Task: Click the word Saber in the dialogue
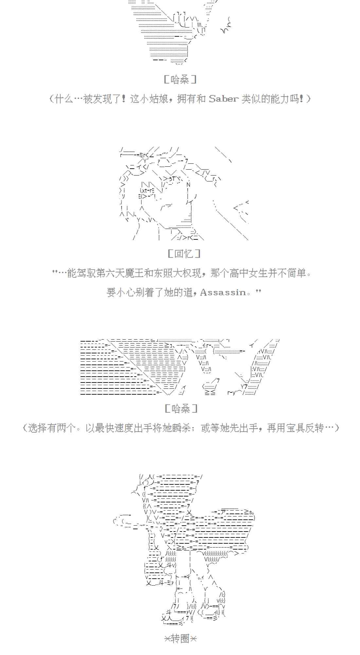click(224, 99)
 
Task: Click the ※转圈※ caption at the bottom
click(180, 638)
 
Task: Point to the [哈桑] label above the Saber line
click(180, 79)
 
